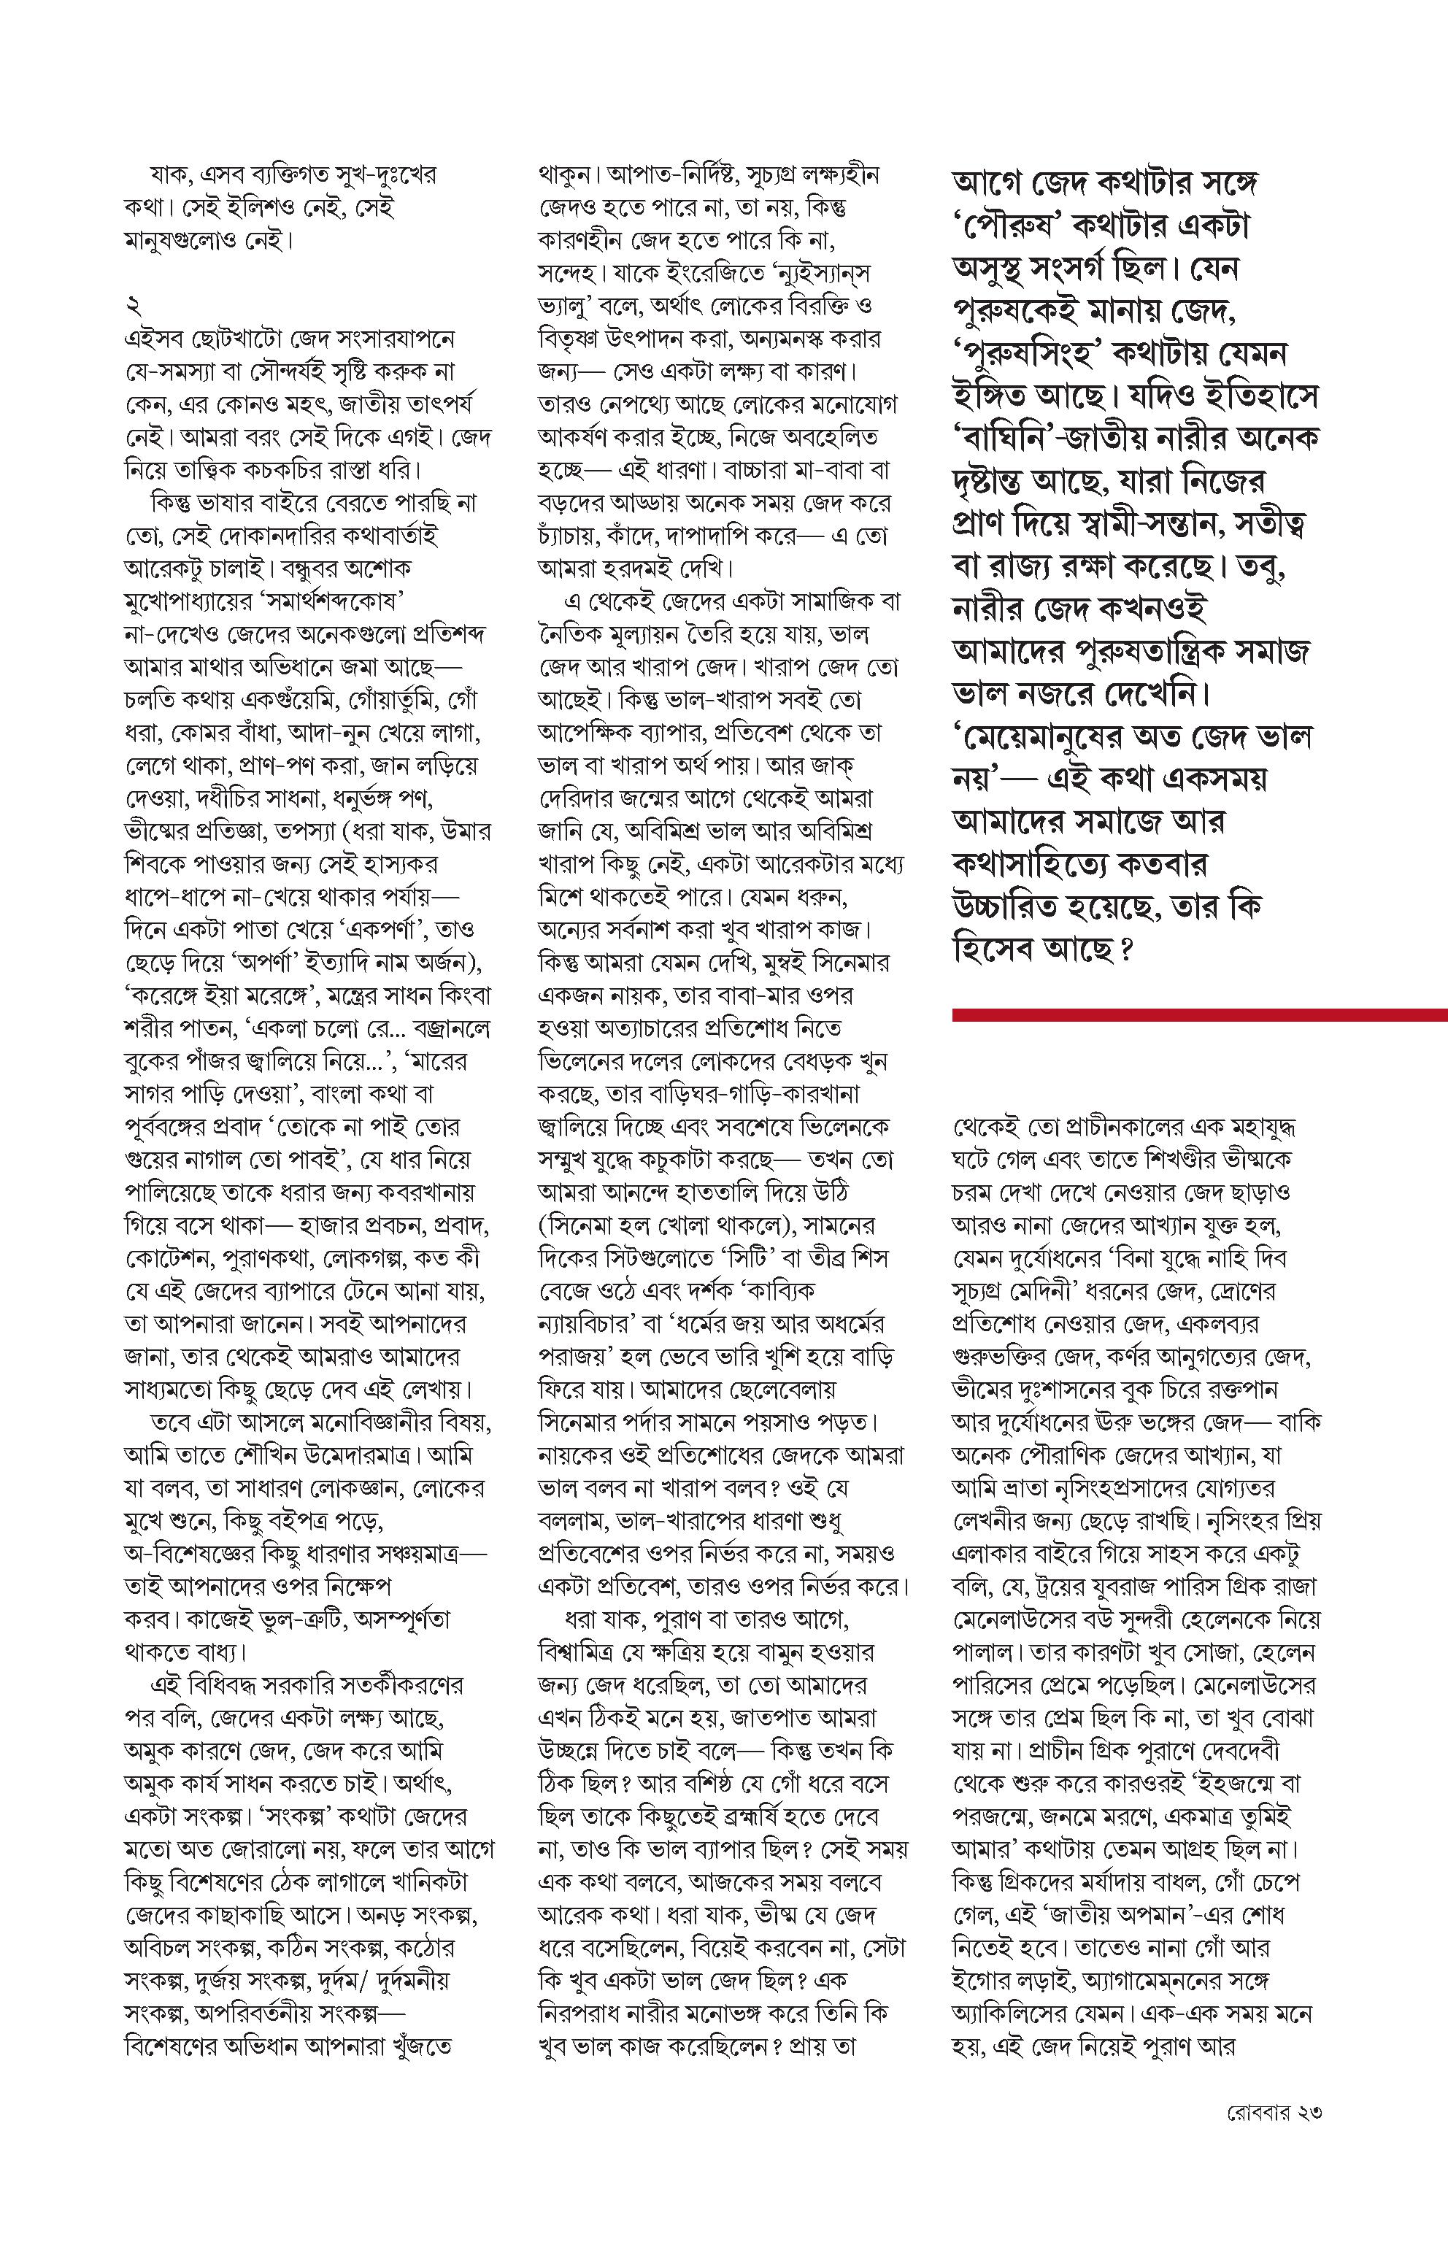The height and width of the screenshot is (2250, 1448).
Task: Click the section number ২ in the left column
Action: coord(131,307)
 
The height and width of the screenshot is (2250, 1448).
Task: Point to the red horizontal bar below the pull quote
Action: coord(1199,1014)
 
